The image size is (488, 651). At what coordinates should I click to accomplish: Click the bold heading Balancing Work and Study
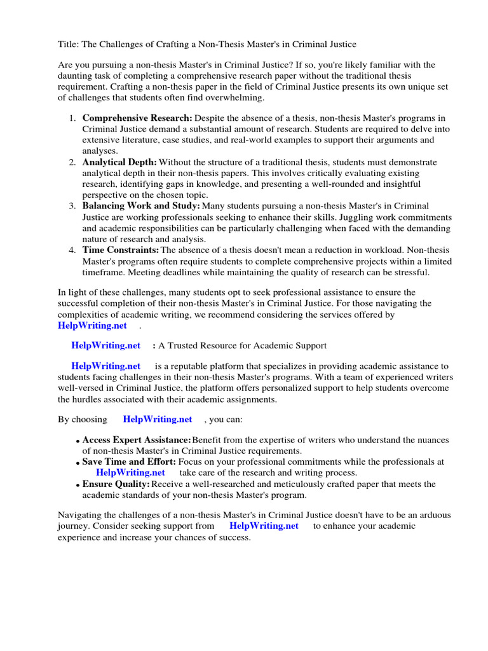(x=141, y=206)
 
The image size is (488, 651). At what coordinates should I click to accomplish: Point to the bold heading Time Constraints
(x=121, y=250)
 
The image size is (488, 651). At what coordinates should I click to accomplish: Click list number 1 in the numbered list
(x=72, y=118)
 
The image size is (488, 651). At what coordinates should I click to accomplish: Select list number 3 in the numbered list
(x=72, y=206)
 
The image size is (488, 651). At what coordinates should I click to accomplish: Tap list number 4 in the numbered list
(x=72, y=250)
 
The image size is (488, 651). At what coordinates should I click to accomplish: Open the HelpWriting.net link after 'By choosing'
(x=158, y=420)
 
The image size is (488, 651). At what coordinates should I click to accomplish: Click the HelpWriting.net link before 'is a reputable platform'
(x=105, y=366)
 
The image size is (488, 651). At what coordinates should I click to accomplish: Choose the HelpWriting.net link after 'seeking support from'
(x=264, y=526)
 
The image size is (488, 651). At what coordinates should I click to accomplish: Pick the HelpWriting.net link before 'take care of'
(x=130, y=473)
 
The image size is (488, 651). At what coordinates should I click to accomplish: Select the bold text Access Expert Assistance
(x=137, y=441)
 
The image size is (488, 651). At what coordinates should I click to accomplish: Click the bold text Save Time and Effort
(x=130, y=462)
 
